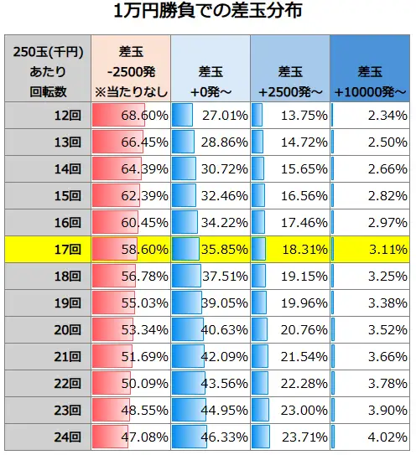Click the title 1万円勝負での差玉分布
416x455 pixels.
pyautogui.click(x=207, y=13)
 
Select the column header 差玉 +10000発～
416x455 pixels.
pyautogui.click(x=370, y=69)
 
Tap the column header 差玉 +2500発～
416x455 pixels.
pyautogui.click(x=289, y=69)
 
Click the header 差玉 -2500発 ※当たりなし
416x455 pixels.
pyautogui.click(x=130, y=69)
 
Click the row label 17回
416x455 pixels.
pyautogui.click(x=47, y=250)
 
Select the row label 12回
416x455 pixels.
pyautogui.click(x=47, y=116)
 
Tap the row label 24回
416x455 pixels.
pyautogui.click(x=47, y=437)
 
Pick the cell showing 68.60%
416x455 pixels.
pyautogui.click(x=130, y=116)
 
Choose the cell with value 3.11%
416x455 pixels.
pyautogui.click(x=370, y=250)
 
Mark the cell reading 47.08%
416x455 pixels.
pyautogui.click(x=130, y=437)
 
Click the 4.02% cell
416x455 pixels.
pyautogui.click(x=370, y=437)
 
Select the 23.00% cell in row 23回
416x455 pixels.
pyautogui.click(x=289, y=411)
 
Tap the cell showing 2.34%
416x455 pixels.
pyautogui.click(x=370, y=116)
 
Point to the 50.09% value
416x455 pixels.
pyautogui.click(x=130, y=384)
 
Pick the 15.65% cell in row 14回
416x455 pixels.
pyautogui.click(x=289, y=169)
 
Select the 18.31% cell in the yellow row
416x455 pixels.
pyautogui.click(x=289, y=250)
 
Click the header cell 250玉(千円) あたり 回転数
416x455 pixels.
pyautogui.click(x=47, y=69)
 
